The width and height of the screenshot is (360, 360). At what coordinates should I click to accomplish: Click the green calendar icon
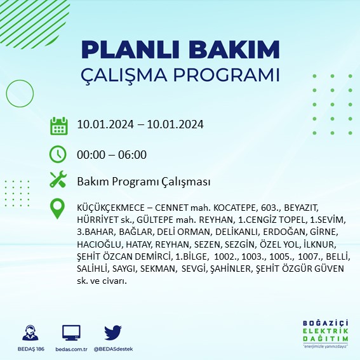coord(58,125)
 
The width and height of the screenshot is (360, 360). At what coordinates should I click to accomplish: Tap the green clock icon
coord(58,154)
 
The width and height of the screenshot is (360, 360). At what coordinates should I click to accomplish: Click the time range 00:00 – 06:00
coord(112,154)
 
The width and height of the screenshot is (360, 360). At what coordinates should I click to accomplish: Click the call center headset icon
coord(29,333)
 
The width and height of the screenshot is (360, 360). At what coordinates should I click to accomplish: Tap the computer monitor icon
coord(71,333)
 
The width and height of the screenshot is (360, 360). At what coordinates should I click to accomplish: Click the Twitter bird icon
coord(112,333)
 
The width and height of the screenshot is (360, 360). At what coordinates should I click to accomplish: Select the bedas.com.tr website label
coord(71,349)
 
